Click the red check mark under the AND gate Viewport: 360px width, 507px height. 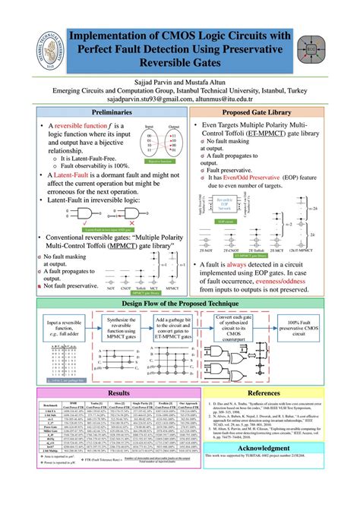[99, 223]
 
